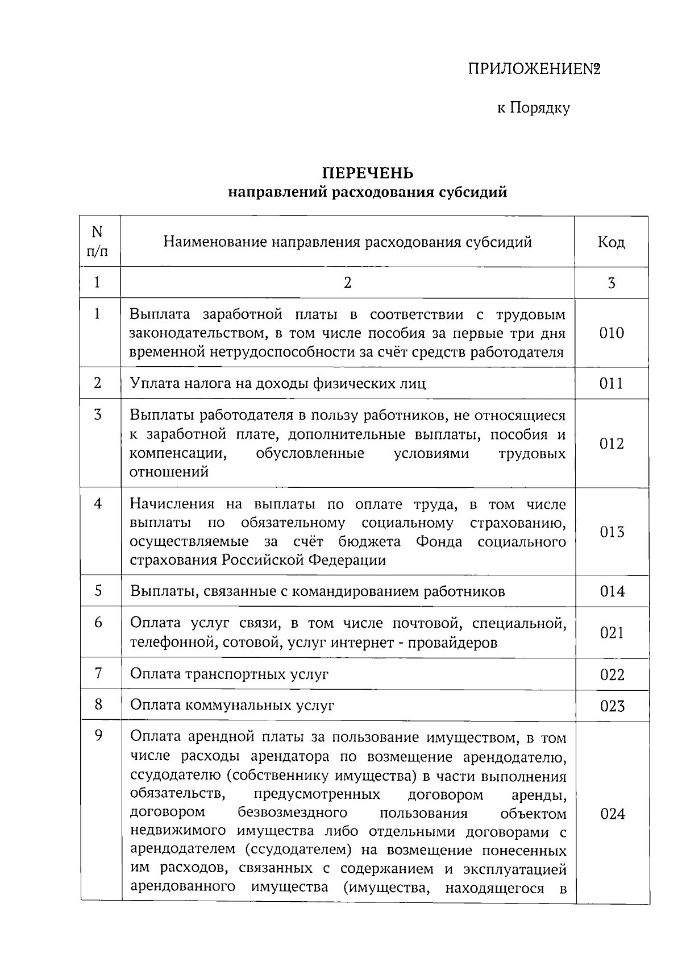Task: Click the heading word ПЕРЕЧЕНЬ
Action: tap(368, 173)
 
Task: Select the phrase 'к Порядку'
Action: tap(534, 108)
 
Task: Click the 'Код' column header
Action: tap(611, 243)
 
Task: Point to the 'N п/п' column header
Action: tap(97, 241)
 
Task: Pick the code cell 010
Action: tap(612, 333)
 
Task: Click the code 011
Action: tap(612, 384)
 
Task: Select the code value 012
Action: tap(612, 443)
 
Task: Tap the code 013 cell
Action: tap(612, 532)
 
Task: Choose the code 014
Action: tap(612, 592)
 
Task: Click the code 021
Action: tap(612, 633)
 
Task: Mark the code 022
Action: tap(612, 675)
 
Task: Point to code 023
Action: tap(612, 706)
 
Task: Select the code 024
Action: tap(612, 814)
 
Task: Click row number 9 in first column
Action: tap(98, 736)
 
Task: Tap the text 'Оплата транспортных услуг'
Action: tap(230, 674)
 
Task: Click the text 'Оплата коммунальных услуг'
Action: tap(232, 706)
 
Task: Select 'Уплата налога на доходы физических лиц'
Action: tap(278, 383)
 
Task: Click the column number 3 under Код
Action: tap(612, 283)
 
